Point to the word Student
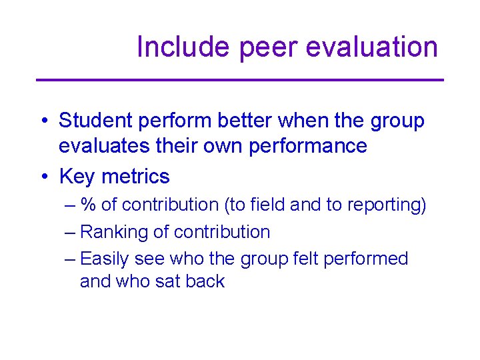pos(95,121)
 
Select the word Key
pos(77,177)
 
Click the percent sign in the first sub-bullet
pos(88,205)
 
